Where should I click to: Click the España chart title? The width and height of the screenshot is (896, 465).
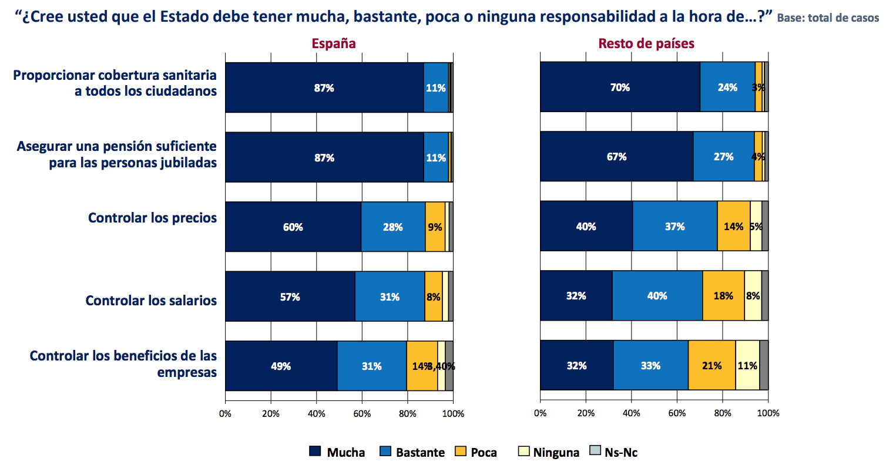pyautogui.click(x=333, y=43)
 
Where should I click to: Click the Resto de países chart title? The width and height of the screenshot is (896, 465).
pyautogui.click(x=646, y=43)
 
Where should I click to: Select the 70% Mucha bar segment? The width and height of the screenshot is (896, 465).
pyautogui.click(x=620, y=87)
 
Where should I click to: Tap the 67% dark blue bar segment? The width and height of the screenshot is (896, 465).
pyautogui.click(x=616, y=157)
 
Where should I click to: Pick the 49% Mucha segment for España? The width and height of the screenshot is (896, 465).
pyautogui.click(x=281, y=366)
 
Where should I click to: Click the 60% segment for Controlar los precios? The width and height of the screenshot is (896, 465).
pyautogui.click(x=293, y=227)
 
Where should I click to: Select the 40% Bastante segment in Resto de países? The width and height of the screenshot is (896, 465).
pyautogui.click(x=657, y=296)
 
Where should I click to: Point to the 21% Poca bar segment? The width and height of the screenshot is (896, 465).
pyautogui.click(x=712, y=365)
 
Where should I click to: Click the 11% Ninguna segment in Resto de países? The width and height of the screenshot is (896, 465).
pyautogui.click(x=747, y=365)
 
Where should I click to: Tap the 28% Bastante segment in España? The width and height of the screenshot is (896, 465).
pyautogui.click(x=392, y=227)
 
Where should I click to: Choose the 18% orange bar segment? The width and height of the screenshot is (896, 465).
pyautogui.click(x=723, y=296)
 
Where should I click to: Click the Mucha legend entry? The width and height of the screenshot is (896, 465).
pyautogui.click(x=337, y=452)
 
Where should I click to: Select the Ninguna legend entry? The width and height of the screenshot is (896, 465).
pyautogui.click(x=549, y=452)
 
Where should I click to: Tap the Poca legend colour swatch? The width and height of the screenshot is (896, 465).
pyautogui.click(x=461, y=451)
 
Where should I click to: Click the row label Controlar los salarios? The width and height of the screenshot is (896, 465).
pyautogui.click(x=151, y=301)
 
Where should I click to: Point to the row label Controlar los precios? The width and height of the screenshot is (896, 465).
pyautogui.click(x=152, y=218)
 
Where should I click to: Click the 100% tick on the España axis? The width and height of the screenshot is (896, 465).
pyautogui.click(x=453, y=413)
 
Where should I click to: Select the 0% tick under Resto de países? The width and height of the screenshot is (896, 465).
pyautogui.click(x=540, y=413)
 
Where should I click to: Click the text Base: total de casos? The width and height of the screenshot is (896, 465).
pyautogui.click(x=827, y=18)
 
